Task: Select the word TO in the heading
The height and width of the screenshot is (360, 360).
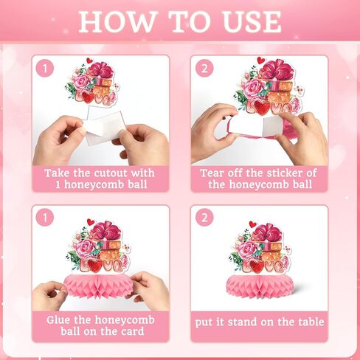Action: click(x=190, y=21)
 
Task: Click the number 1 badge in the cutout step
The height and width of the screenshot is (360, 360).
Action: click(x=45, y=68)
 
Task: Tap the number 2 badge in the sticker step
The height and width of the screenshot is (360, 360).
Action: click(x=204, y=68)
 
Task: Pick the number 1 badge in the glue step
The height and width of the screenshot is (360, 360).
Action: click(x=45, y=218)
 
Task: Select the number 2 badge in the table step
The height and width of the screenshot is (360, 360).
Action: click(x=204, y=218)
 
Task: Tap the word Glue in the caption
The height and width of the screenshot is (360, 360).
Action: click(x=58, y=320)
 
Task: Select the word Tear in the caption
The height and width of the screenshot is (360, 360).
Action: click(x=212, y=173)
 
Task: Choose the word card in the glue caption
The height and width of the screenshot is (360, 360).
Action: click(x=132, y=331)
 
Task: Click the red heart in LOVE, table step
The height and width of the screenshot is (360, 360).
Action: click(x=258, y=266)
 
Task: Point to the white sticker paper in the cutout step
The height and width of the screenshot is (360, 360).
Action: click(x=103, y=125)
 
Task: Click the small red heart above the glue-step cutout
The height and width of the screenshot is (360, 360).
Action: click(x=91, y=222)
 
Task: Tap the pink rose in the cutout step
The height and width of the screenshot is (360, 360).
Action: click(x=82, y=83)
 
